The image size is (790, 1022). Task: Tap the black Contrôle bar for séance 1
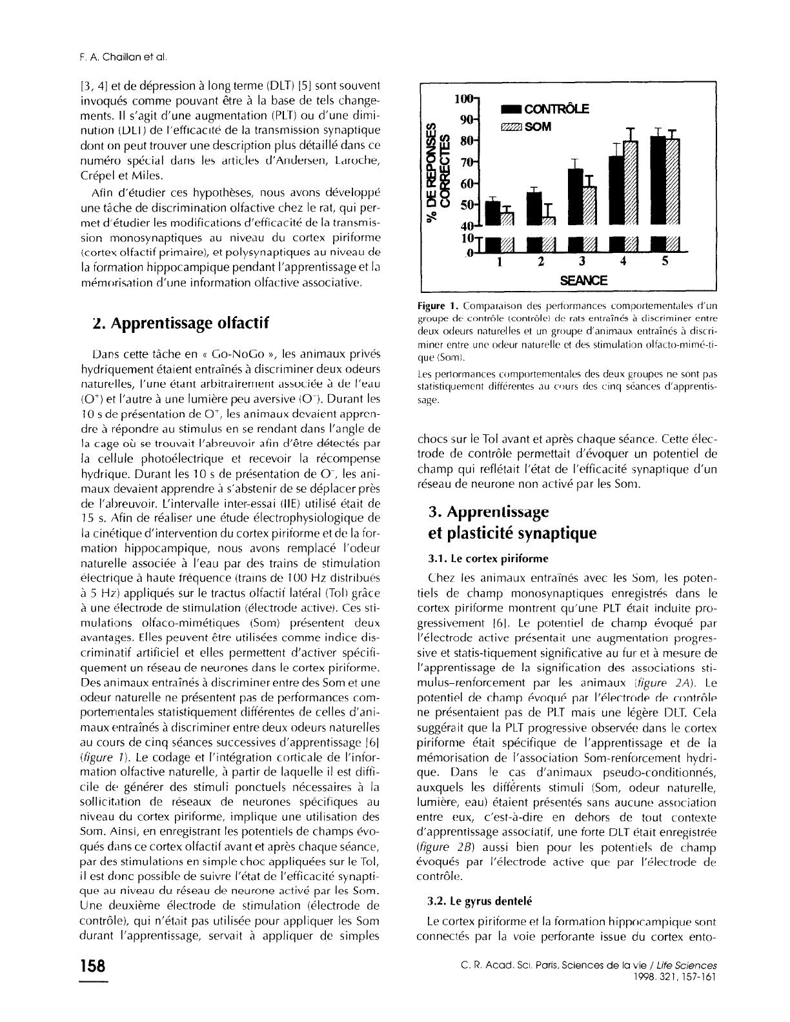tap(492, 213)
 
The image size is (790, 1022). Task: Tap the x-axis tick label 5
tap(665, 261)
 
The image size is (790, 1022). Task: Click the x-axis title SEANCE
tap(583, 281)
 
